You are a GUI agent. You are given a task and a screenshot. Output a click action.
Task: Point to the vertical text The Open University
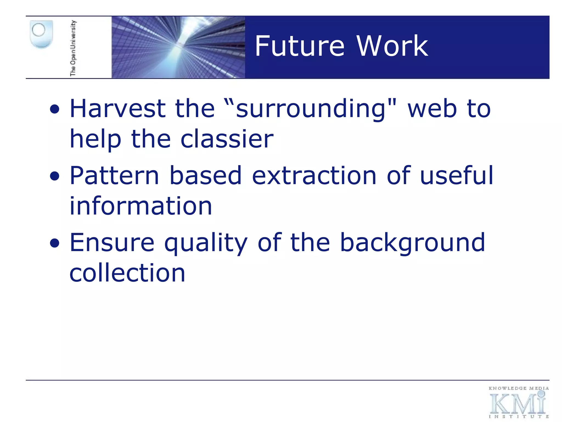(x=73, y=48)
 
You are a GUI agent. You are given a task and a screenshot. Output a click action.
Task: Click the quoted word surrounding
(x=310, y=109)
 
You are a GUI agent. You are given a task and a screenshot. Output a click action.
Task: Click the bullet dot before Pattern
(x=55, y=176)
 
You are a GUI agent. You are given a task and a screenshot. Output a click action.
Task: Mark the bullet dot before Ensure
(x=55, y=243)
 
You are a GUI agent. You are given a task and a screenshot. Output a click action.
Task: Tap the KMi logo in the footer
(x=518, y=402)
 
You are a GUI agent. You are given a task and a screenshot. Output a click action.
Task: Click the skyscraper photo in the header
(x=178, y=47)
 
